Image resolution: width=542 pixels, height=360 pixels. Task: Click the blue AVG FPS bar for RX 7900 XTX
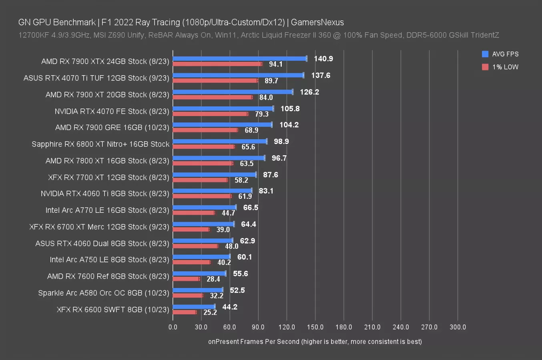pyautogui.click(x=239, y=58)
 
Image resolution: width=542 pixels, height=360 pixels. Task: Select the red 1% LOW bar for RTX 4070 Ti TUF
pyautogui.click(x=215, y=80)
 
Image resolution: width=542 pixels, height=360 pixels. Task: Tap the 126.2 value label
pyautogui.click(x=309, y=92)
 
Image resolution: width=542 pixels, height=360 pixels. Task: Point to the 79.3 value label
pyautogui.click(x=262, y=114)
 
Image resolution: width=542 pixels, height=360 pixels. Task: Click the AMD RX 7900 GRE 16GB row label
pyautogui.click(x=112, y=128)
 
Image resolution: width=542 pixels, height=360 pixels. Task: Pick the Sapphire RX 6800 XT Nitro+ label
pyautogui.click(x=100, y=144)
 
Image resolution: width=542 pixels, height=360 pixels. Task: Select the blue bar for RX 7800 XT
pyautogui.click(x=219, y=158)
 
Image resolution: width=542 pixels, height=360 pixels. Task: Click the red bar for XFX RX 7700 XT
pyautogui.click(x=200, y=180)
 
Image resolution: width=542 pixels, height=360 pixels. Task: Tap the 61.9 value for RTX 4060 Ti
pyautogui.click(x=245, y=196)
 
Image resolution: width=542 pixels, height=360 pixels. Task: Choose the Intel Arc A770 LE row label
pyautogui.click(x=107, y=210)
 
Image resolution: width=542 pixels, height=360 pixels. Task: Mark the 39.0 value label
pyautogui.click(x=223, y=230)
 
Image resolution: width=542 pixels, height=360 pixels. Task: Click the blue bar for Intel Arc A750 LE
pyautogui.click(x=201, y=256)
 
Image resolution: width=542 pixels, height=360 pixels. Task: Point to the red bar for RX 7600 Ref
pyautogui.click(x=186, y=279)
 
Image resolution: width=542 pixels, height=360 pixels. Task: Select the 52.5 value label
pyautogui.click(x=237, y=290)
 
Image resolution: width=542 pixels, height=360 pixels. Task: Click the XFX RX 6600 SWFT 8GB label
pyautogui.click(x=113, y=310)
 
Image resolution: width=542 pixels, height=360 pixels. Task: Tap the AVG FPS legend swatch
pyautogui.click(x=485, y=54)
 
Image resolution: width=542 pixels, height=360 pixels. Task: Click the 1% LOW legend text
pyautogui.click(x=505, y=67)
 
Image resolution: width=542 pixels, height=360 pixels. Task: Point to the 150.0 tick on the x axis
pyautogui.click(x=315, y=327)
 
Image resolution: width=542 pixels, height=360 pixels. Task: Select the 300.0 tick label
pyautogui.click(x=458, y=327)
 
